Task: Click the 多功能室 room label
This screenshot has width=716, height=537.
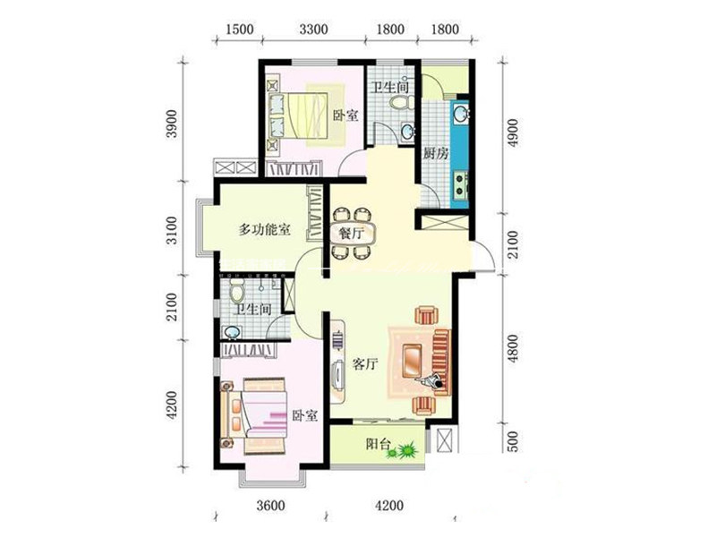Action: tap(264, 229)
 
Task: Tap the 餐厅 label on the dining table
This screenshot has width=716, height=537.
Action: tap(351, 234)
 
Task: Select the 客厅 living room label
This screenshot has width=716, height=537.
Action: tap(365, 364)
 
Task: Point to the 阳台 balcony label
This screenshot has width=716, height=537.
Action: tap(379, 443)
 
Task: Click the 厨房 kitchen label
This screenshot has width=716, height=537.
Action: tap(435, 154)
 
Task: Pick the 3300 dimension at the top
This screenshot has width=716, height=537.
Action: tap(313, 30)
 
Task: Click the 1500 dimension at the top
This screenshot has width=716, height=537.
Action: tap(239, 30)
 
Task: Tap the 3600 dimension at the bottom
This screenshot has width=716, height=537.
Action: tap(270, 506)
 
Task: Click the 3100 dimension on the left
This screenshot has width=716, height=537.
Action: tap(170, 230)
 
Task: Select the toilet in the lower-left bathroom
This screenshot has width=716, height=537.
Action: tap(237, 291)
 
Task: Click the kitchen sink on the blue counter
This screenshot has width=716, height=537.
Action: tap(460, 114)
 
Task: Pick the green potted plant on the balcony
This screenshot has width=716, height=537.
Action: tap(404, 450)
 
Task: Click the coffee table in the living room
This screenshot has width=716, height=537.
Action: tap(413, 360)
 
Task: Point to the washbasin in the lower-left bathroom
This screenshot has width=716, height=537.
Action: tap(231, 332)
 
